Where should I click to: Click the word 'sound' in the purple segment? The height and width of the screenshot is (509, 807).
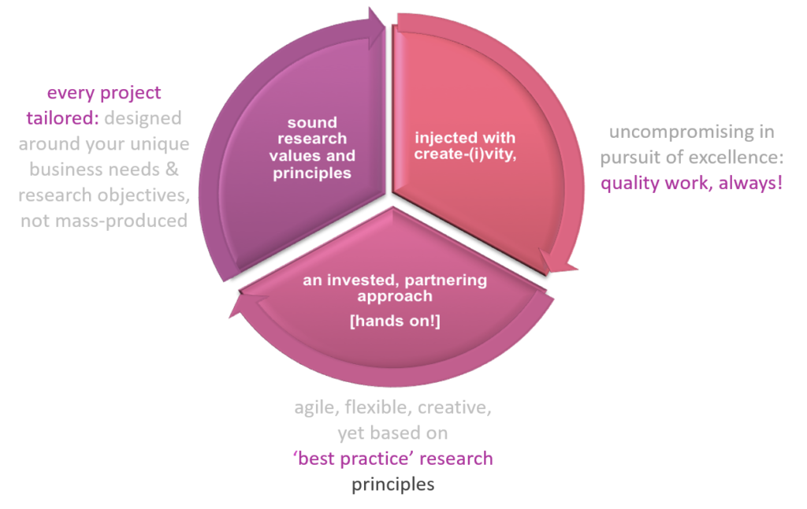coord(312,122)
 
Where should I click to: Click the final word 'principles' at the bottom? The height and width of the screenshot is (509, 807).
coord(392,484)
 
